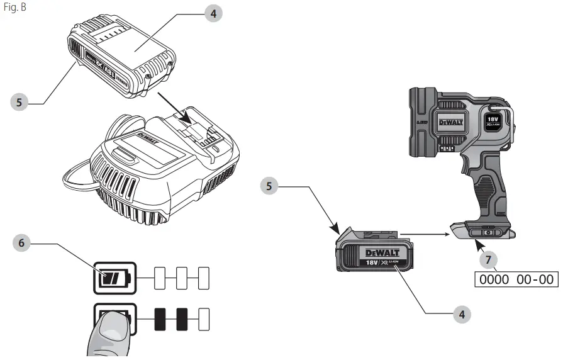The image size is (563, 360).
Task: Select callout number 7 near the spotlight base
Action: (484, 259)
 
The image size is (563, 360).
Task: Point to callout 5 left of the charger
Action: (20, 101)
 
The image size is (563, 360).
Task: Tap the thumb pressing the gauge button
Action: (110, 334)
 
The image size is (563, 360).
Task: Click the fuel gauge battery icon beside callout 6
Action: (114, 277)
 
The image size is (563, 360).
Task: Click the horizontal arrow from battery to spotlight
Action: (425, 234)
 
